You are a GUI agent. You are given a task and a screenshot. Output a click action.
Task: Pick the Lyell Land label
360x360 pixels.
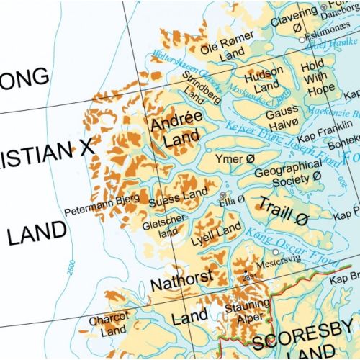(x=219, y=230)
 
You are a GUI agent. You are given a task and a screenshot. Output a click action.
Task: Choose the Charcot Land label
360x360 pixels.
(x=109, y=324)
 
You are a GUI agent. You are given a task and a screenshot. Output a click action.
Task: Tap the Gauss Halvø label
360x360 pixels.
(x=282, y=120)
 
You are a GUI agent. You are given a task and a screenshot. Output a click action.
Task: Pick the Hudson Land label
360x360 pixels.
(x=265, y=81)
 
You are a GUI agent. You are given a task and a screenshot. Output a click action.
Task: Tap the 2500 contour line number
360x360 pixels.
(x=70, y=273)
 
